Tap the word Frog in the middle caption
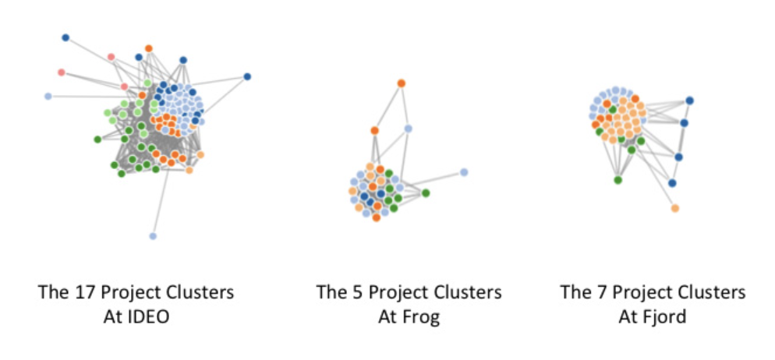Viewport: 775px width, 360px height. (x=424, y=317)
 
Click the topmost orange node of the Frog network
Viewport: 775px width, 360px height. (x=401, y=83)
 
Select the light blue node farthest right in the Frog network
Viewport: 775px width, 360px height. (x=464, y=172)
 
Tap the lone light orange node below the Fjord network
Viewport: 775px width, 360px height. (x=674, y=208)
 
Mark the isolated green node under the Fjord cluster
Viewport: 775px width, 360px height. (x=618, y=180)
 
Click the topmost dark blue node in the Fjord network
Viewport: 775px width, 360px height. (x=689, y=100)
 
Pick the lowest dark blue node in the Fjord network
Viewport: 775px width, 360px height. (x=672, y=183)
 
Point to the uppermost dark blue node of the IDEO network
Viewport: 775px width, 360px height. (x=65, y=37)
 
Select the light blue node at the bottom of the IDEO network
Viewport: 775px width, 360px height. (x=153, y=235)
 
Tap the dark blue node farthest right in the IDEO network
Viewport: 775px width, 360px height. (x=247, y=76)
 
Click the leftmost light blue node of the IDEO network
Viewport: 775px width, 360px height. (x=48, y=97)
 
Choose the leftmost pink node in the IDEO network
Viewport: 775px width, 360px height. (x=61, y=72)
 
